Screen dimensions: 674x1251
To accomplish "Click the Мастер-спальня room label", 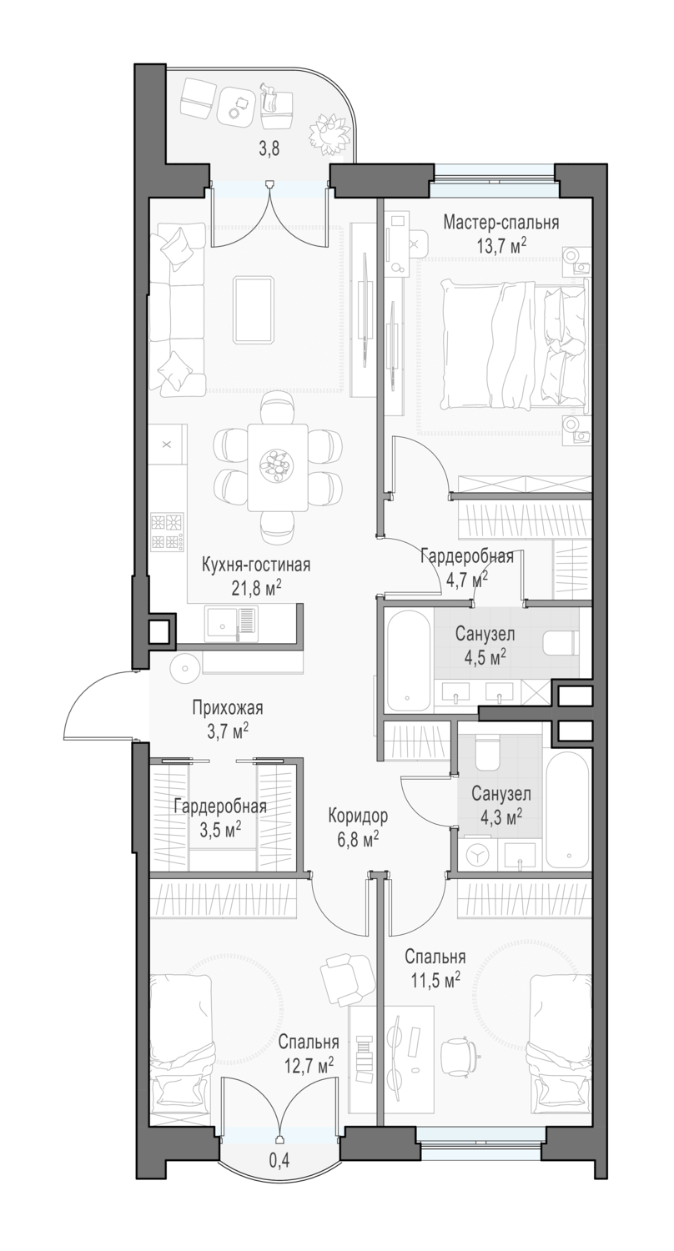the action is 500,223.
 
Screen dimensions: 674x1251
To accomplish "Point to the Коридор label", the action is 357,816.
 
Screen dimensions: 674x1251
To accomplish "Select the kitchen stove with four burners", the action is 167,532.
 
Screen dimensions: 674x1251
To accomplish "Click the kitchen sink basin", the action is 221,623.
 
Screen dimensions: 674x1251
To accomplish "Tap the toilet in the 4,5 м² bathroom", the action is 560,644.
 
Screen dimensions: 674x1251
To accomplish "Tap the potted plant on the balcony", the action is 329,134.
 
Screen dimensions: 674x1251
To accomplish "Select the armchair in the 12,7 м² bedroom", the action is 347,979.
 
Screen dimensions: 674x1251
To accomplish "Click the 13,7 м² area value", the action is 500,245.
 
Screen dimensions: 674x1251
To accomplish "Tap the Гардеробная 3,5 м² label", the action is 220,817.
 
